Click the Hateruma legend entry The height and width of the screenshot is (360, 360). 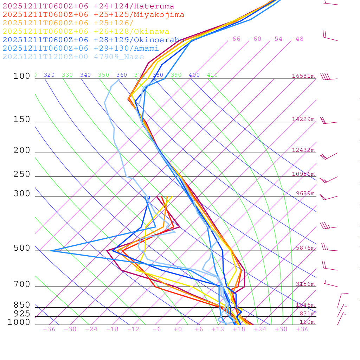point(88,6)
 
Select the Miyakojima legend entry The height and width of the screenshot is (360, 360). point(93,15)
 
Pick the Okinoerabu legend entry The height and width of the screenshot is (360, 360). point(93,40)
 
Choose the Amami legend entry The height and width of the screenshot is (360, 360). point(81,49)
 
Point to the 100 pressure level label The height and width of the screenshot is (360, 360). point(22,76)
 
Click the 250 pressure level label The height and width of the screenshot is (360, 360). point(22,174)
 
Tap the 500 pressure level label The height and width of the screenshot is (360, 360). point(22,249)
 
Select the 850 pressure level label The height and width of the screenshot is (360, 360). point(22,305)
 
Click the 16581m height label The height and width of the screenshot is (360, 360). point(303,76)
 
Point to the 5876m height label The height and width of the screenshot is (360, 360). point(305,248)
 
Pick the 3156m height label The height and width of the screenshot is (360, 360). point(305,284)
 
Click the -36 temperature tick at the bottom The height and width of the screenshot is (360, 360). point(49,329)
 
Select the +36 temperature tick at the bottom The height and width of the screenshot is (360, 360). point(302,329)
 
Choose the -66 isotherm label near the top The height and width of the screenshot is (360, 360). point(234,39)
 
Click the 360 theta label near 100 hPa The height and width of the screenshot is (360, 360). point(122,75)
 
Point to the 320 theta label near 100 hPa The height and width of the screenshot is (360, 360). point(49,75)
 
